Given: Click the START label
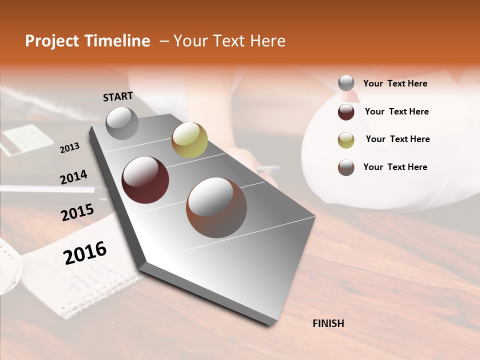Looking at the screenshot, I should pyautogui.click(x=118, y=96).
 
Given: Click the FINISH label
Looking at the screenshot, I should pyautogui.click(x=328, y=323).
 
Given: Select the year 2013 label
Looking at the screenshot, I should pyautogui.click(x=69, y=147).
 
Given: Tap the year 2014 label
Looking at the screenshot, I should pyautogui.click(x=73, y=177).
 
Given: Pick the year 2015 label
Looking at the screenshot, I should pyautogui.click(x=77, y=212).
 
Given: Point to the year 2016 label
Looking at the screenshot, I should pyautogui.click(x=85, y=252).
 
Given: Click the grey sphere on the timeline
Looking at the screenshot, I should pyautogui.click(x=122, y=123).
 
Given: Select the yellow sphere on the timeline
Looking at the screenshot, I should pyautogui.click(x=189, y=139).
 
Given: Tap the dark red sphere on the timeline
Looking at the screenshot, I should pyautogui.click(x=145, y=180).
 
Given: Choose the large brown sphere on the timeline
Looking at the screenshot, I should pyautogui.click(x=216, y=207).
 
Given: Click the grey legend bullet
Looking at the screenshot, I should pyautogui.click(x=346, y=83).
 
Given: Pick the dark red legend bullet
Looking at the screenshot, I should pyautogui.click(x=346, y=112).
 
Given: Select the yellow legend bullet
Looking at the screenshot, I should pyautogui.click(x=346, y=140).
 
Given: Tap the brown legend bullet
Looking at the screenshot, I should pyautogui.click(x=346, y=167).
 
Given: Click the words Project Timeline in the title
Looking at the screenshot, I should pyautogui.click(x=87, y=41).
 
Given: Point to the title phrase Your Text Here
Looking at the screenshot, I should pyautogui.click(x=229, y=41).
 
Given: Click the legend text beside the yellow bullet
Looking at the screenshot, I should pyautogui.click(x=397, y=139).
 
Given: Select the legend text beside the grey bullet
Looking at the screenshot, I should pyautogui.click(x=395, y=83).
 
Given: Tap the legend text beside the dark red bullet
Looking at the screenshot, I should pyautogui.click(x=396, y=111).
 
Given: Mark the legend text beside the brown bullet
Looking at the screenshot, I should pyautogui.click(x=395, y=167).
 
